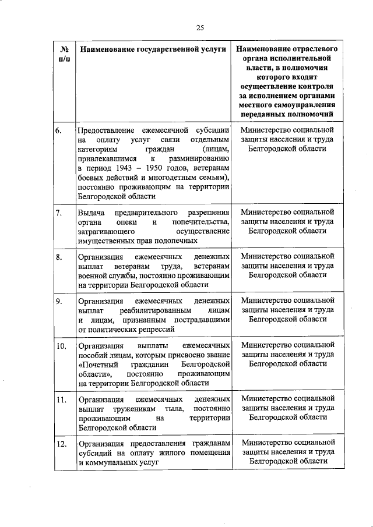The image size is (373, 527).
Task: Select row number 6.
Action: pos(59,129)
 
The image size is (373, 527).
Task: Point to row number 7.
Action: pos(59,213)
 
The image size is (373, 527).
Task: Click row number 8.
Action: pos(59,257)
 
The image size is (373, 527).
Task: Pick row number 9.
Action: pos(59,301)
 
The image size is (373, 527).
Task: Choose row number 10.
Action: pos(61,346)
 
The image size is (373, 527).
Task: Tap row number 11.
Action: pos(61,400)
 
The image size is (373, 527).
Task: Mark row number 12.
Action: pos(61,445)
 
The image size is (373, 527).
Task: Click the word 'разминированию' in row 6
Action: pos(200,158)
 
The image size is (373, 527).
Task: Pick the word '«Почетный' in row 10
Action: pos(96,365)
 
